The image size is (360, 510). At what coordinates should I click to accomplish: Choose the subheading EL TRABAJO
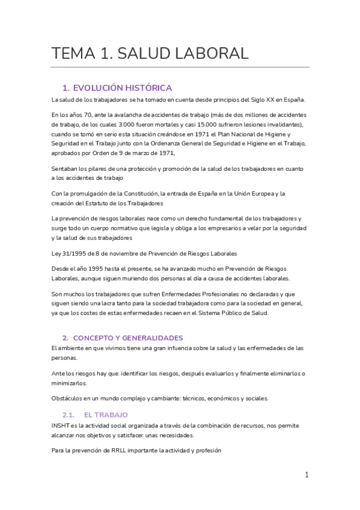pyautogui.click(x=106, y=415)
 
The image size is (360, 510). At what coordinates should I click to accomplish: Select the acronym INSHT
pyautogui.click(x=61, y=425)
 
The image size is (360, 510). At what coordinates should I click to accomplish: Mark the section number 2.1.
pyautogui.click(x=68, y=415)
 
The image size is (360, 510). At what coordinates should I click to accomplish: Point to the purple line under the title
pyautogui.click(x=180, y=67)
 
